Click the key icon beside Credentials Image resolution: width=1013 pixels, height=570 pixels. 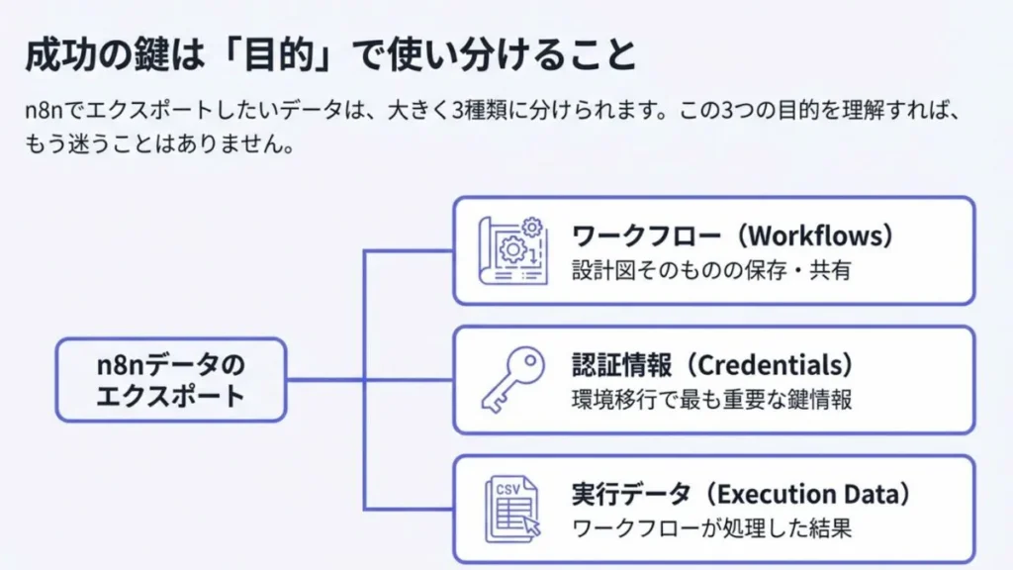coord(512,379)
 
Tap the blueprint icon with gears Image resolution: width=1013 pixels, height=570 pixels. coord(511,250)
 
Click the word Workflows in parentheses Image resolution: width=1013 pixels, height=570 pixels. coord(820,237)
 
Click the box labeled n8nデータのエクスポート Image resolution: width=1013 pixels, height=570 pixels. coord(170,380)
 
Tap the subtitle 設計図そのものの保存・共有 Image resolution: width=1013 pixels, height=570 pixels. coord(711,270)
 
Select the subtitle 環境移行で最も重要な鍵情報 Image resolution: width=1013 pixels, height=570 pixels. coord(711,399)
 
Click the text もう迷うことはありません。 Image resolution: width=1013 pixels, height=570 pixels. coord(159,143)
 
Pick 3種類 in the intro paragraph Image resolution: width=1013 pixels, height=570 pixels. coord(485,110)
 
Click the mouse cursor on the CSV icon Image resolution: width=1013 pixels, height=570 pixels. coord(532,525)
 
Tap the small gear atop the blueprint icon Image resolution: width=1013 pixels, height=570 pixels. coord(532,228)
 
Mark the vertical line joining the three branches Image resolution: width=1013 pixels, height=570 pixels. coord(366,379)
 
